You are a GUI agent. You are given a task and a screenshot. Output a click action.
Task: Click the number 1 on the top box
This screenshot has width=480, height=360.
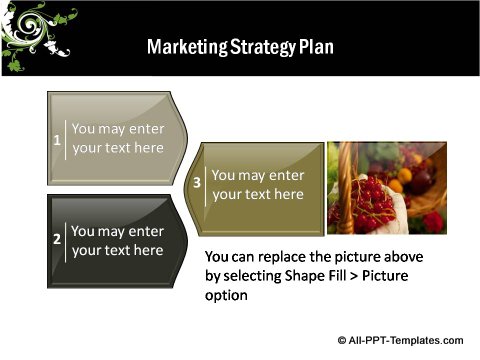(57, 139)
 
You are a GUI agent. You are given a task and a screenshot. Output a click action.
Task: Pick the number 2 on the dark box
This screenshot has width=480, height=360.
(57, 240)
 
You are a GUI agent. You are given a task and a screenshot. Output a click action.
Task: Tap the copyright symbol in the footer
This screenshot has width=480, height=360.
(343, 340)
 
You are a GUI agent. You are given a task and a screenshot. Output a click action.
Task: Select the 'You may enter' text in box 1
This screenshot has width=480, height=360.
(118, 129)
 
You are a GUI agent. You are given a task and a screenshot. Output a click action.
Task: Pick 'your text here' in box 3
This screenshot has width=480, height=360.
(258, 194)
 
